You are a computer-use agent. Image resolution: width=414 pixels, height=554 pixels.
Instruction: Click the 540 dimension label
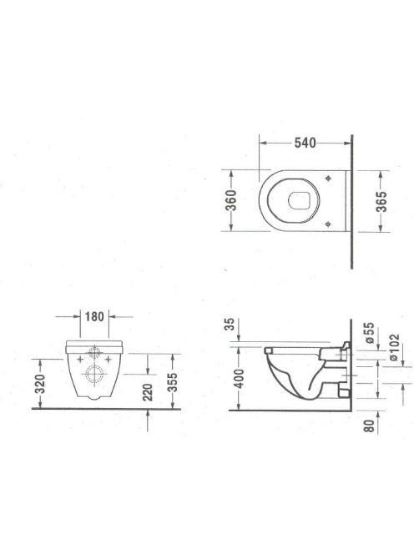click(305, 143)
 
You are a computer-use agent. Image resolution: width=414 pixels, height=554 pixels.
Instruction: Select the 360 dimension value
click(231, 200)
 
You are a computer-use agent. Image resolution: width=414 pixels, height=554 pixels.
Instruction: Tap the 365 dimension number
click(381, 202)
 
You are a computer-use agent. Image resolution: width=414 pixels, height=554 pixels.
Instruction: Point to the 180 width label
click(94, 316)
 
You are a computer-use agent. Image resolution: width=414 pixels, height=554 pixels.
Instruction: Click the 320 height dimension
click(40, 384)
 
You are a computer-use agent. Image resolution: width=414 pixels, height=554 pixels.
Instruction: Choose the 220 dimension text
click(148, 392)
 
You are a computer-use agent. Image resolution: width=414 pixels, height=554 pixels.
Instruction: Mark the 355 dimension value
click(173, 383)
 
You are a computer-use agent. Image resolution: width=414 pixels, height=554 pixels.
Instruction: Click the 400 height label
click(240, 379)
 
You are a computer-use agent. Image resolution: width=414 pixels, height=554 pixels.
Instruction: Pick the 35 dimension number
click(230, 324)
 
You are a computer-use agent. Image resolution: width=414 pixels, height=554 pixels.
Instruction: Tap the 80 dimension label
click(369, 426)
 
